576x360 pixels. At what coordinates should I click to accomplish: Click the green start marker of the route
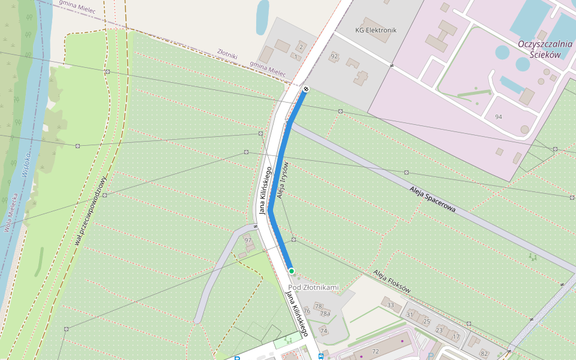(x=292, y=271)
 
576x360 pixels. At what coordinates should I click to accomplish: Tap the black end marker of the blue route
(x=306, y=89)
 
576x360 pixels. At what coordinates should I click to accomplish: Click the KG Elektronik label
(x=376, y=29)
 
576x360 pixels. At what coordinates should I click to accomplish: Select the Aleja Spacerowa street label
(x=433, y=199)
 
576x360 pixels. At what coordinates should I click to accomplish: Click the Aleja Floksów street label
(x=392, y=281)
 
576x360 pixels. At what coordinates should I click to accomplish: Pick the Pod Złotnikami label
(x=313, y=287)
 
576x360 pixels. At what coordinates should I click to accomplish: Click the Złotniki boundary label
(x=227, y=55)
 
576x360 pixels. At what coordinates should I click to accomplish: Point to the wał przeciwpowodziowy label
(x=91, y=211)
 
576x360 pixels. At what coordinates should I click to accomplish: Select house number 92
(x=334, y=56)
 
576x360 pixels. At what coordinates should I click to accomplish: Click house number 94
(x=498, y=116)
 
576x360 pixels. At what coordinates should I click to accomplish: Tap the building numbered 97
(x=248, y=241)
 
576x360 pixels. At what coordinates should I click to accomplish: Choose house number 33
(x=391, y=305)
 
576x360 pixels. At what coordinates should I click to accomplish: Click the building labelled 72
(x=376, y=351)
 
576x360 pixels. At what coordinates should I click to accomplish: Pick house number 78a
(x=325, y=314)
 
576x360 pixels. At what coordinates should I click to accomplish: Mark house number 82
(x=484, y=353)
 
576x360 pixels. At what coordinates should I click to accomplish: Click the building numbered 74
(x=323, y=331)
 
